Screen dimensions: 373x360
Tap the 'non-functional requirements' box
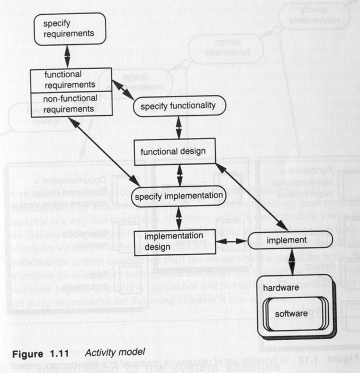pyautogui.click(x=70, y=104)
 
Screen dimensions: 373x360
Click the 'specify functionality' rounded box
pyautogui.click(x=179, y=106)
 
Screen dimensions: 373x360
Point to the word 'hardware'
pyautogui.click(x=280, y=288)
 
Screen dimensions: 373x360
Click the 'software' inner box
pyautogui.click(x=291, y=313)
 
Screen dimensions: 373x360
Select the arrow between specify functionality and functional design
pyautogui.click(x=179, y=128)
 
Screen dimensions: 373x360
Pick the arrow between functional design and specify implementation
pyautogui.click(x=179, y=174)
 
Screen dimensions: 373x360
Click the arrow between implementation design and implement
pyautogui.click(x=232, y=241)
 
